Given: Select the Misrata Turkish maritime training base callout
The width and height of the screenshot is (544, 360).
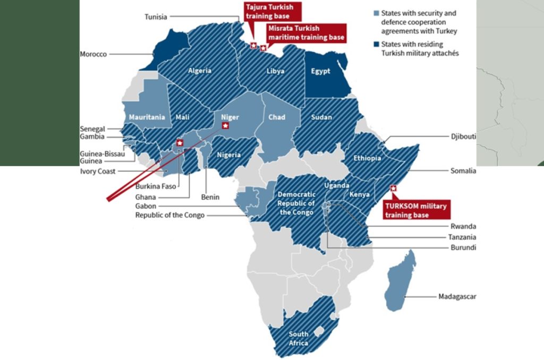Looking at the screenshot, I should [x=307, y=32].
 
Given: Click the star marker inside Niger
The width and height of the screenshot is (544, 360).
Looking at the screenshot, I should [x=225, y=126].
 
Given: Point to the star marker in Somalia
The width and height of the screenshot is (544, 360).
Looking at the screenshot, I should [x=393, y=188].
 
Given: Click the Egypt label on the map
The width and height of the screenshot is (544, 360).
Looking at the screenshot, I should [x=321, y=71].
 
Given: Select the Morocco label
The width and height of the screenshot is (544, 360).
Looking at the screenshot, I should [x=93, y=54].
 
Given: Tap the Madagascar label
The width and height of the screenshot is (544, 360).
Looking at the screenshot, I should [x=457, y=296].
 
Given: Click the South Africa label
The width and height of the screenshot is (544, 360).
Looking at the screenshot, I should [x=299, y=338].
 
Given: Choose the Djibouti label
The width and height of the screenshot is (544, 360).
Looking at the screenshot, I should [x=463, y=136].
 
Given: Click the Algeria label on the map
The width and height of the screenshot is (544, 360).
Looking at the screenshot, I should [x=199, y=71].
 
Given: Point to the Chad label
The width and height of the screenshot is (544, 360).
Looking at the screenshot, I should [x=277, y=117].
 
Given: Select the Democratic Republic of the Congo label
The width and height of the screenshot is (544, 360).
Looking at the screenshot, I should [x=296, y=203].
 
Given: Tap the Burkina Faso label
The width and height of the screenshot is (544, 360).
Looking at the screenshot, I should [x=156, y=186].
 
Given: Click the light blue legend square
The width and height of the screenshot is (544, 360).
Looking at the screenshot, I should [x=376, y=13].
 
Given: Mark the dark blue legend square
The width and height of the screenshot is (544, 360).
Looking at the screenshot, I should [x=376, y=45].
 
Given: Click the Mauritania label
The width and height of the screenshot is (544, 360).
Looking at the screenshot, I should [x=147, y=117].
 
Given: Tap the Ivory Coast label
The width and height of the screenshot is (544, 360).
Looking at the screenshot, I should [x=98, y=172].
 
